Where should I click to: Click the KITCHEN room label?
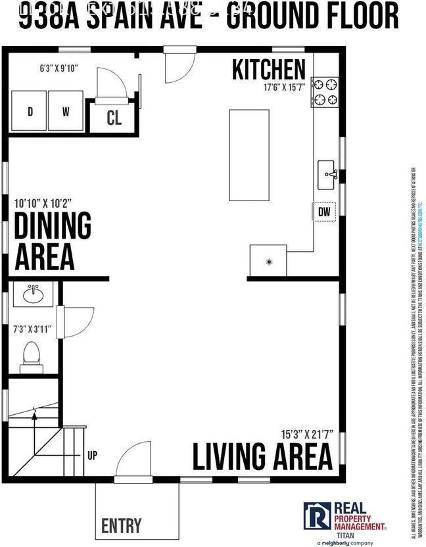[268, 69]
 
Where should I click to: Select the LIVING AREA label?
[262, 456]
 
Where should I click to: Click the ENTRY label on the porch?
[121, 526]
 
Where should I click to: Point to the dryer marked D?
[30, 112]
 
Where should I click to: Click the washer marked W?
[66, 112]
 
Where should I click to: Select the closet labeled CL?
[114, 119]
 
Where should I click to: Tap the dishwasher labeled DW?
[324, 212]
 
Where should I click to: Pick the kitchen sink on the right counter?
[328, 175]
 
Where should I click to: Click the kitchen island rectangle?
[248, 155]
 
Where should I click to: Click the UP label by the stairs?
[93, 454]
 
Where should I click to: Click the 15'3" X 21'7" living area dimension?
[306, 435]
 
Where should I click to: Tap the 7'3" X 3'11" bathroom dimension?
[32, 328]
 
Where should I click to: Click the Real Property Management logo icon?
[317, 516]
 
